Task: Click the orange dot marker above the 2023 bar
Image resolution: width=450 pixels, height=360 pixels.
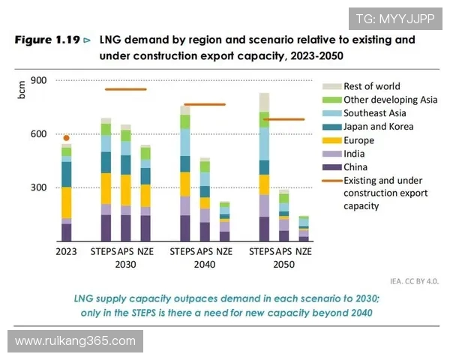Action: pos(67,138)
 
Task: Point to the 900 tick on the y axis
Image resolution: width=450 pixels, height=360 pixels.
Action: pos(40,81)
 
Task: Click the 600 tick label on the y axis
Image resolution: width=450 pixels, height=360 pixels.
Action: pos(40,134)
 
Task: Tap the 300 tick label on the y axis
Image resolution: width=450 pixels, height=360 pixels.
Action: pos(40,187)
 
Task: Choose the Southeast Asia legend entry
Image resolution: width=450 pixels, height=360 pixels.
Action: pos(373,113)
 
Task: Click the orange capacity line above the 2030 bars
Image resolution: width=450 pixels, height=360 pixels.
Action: pos(125,89)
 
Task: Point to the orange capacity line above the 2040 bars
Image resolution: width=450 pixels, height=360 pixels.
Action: pos(205,104)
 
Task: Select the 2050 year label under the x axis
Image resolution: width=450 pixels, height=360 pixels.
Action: pos(283,265)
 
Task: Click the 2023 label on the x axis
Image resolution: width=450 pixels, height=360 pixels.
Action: pos(67,251)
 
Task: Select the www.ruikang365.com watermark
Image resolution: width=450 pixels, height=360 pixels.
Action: pos(75,341)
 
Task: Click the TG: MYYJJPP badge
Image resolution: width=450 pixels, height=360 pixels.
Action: pos(395,19)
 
